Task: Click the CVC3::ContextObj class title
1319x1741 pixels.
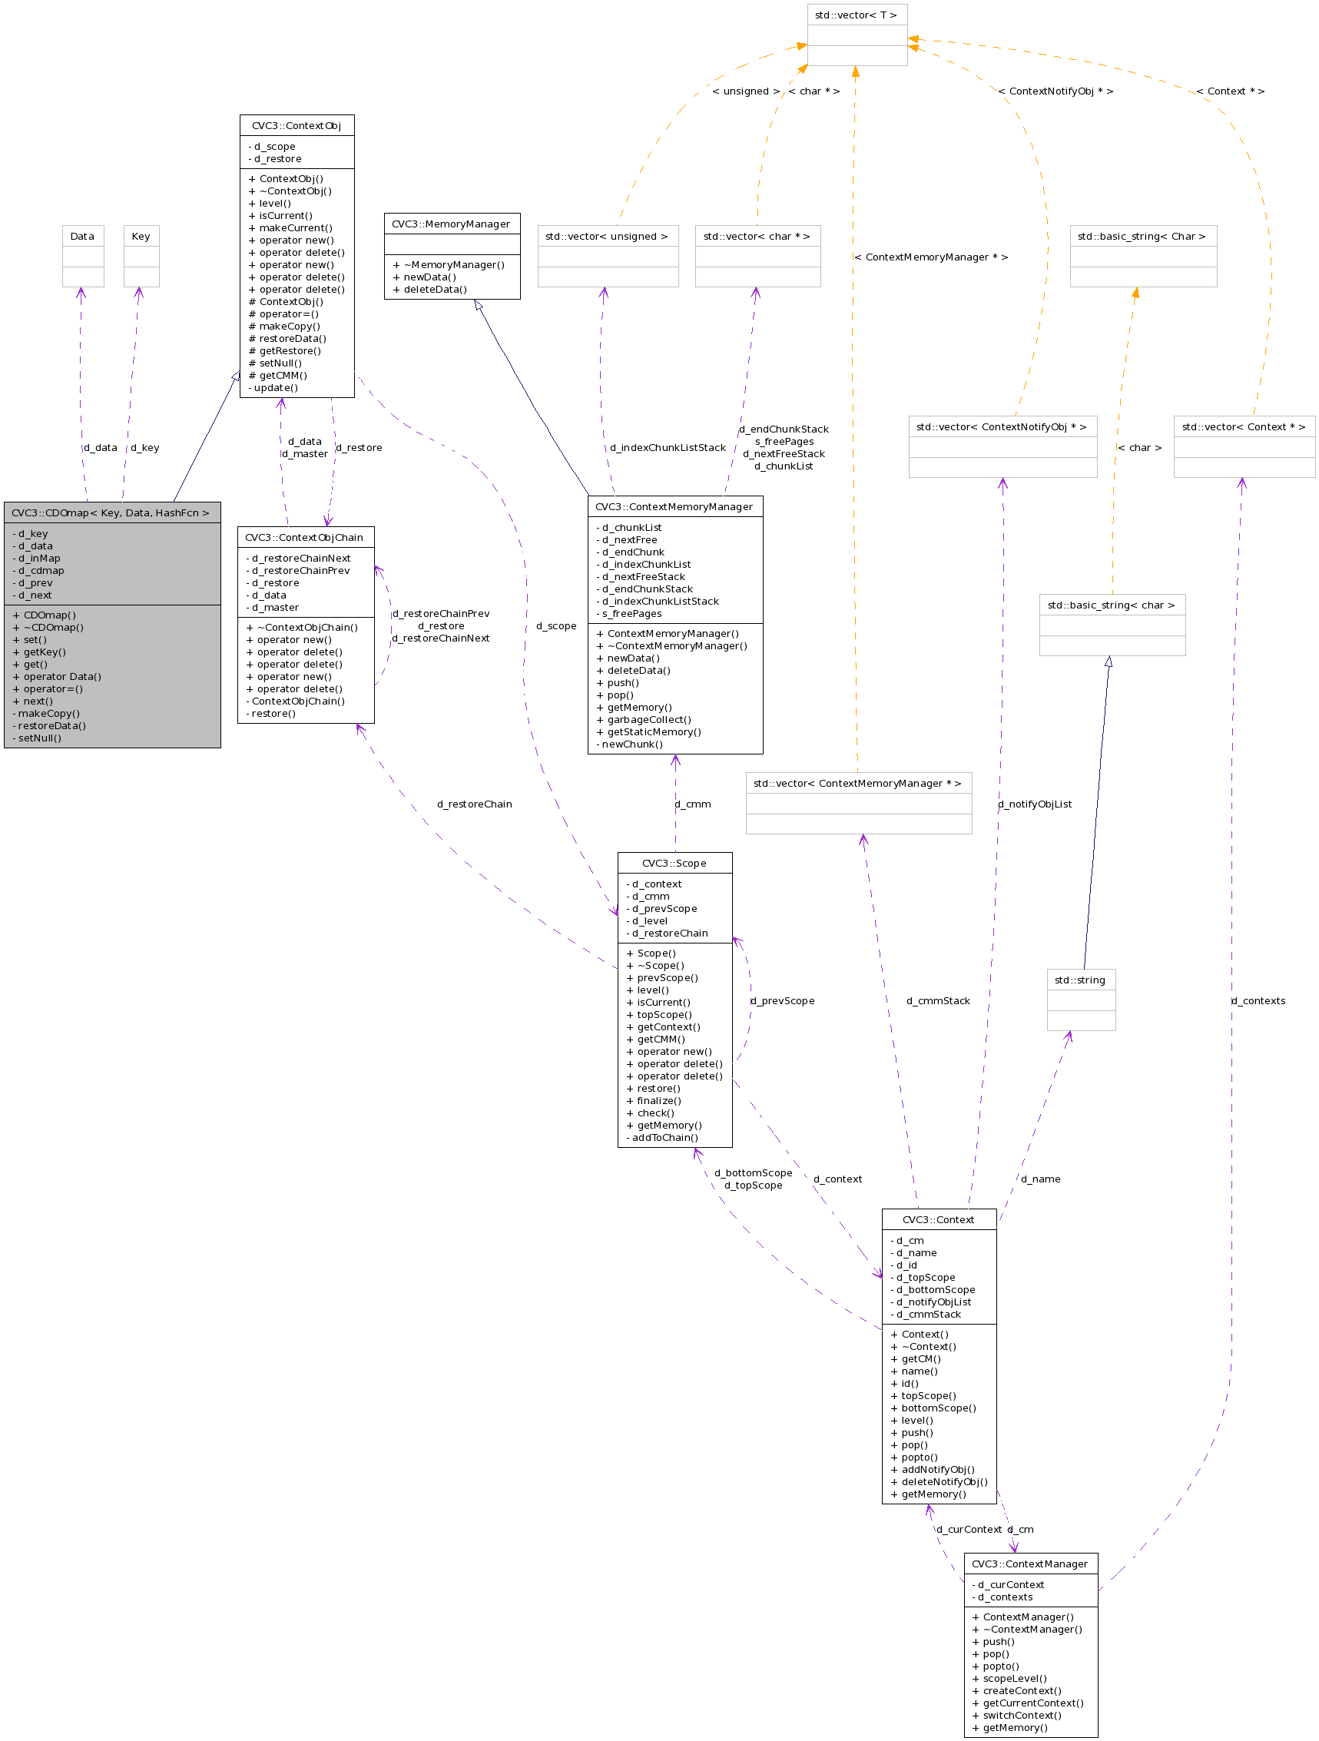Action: [296, 126]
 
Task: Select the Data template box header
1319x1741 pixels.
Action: [82, 236]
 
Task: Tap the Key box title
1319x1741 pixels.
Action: [141, 236]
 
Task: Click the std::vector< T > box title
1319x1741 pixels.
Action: [856, 15]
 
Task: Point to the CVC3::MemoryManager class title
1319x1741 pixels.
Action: [451, 224]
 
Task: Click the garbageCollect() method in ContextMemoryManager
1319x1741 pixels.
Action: [648, 719]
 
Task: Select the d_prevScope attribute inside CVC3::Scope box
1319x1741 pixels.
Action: [664, 908]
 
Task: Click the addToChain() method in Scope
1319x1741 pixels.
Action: [664, 1137]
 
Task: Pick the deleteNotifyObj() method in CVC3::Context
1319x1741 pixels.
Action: [943, 1481]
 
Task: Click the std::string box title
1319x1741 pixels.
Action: [1080, 980]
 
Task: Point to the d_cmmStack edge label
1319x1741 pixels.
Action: [938, 1001]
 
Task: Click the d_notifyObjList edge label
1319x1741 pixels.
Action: [1035, 804]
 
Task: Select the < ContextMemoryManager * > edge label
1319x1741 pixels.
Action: [931, 257]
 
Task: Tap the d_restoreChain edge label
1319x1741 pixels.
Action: [475, 804]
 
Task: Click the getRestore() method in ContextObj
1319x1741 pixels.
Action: [290, 351]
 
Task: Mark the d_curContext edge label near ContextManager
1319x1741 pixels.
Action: [969, 1529]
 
